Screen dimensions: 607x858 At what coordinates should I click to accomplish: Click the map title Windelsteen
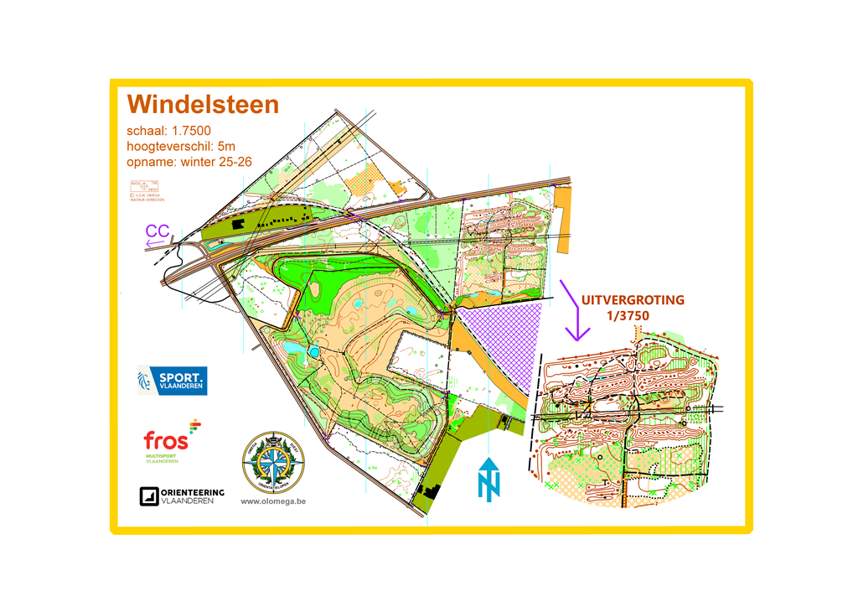pos(202,105)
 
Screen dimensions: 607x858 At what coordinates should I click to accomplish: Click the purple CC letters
pos(158,231)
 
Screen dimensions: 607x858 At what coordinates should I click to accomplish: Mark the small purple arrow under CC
pos(156,244)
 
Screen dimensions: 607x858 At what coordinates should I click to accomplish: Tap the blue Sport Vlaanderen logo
pos(171,380)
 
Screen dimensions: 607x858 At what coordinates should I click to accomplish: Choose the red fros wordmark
pos(165,440)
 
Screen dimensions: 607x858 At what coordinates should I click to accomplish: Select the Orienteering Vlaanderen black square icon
pos(148,496)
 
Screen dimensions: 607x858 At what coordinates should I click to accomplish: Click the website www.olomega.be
pos(272,501)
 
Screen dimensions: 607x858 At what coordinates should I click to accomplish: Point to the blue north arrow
pos(488,480)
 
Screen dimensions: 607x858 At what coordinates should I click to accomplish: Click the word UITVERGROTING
pos(633,299)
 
